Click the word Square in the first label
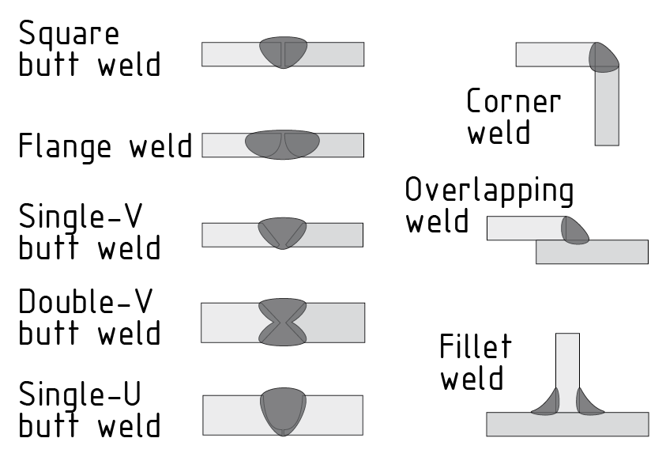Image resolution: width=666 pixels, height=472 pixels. tap(69, 35)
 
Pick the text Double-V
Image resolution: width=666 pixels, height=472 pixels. tap(85, 304)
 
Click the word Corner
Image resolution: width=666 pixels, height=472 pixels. tap(514, 102)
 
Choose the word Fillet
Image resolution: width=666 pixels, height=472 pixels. tap(476, 347)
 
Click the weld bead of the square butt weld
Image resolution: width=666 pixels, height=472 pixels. tap(283, 53)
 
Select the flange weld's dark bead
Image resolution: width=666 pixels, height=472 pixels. tap(282, 145)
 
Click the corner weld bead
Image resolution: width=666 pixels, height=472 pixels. tap(604, 57)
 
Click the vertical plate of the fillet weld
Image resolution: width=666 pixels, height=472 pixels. tap(567, 364)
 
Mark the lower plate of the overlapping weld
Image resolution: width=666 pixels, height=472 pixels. tap(593, 252)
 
